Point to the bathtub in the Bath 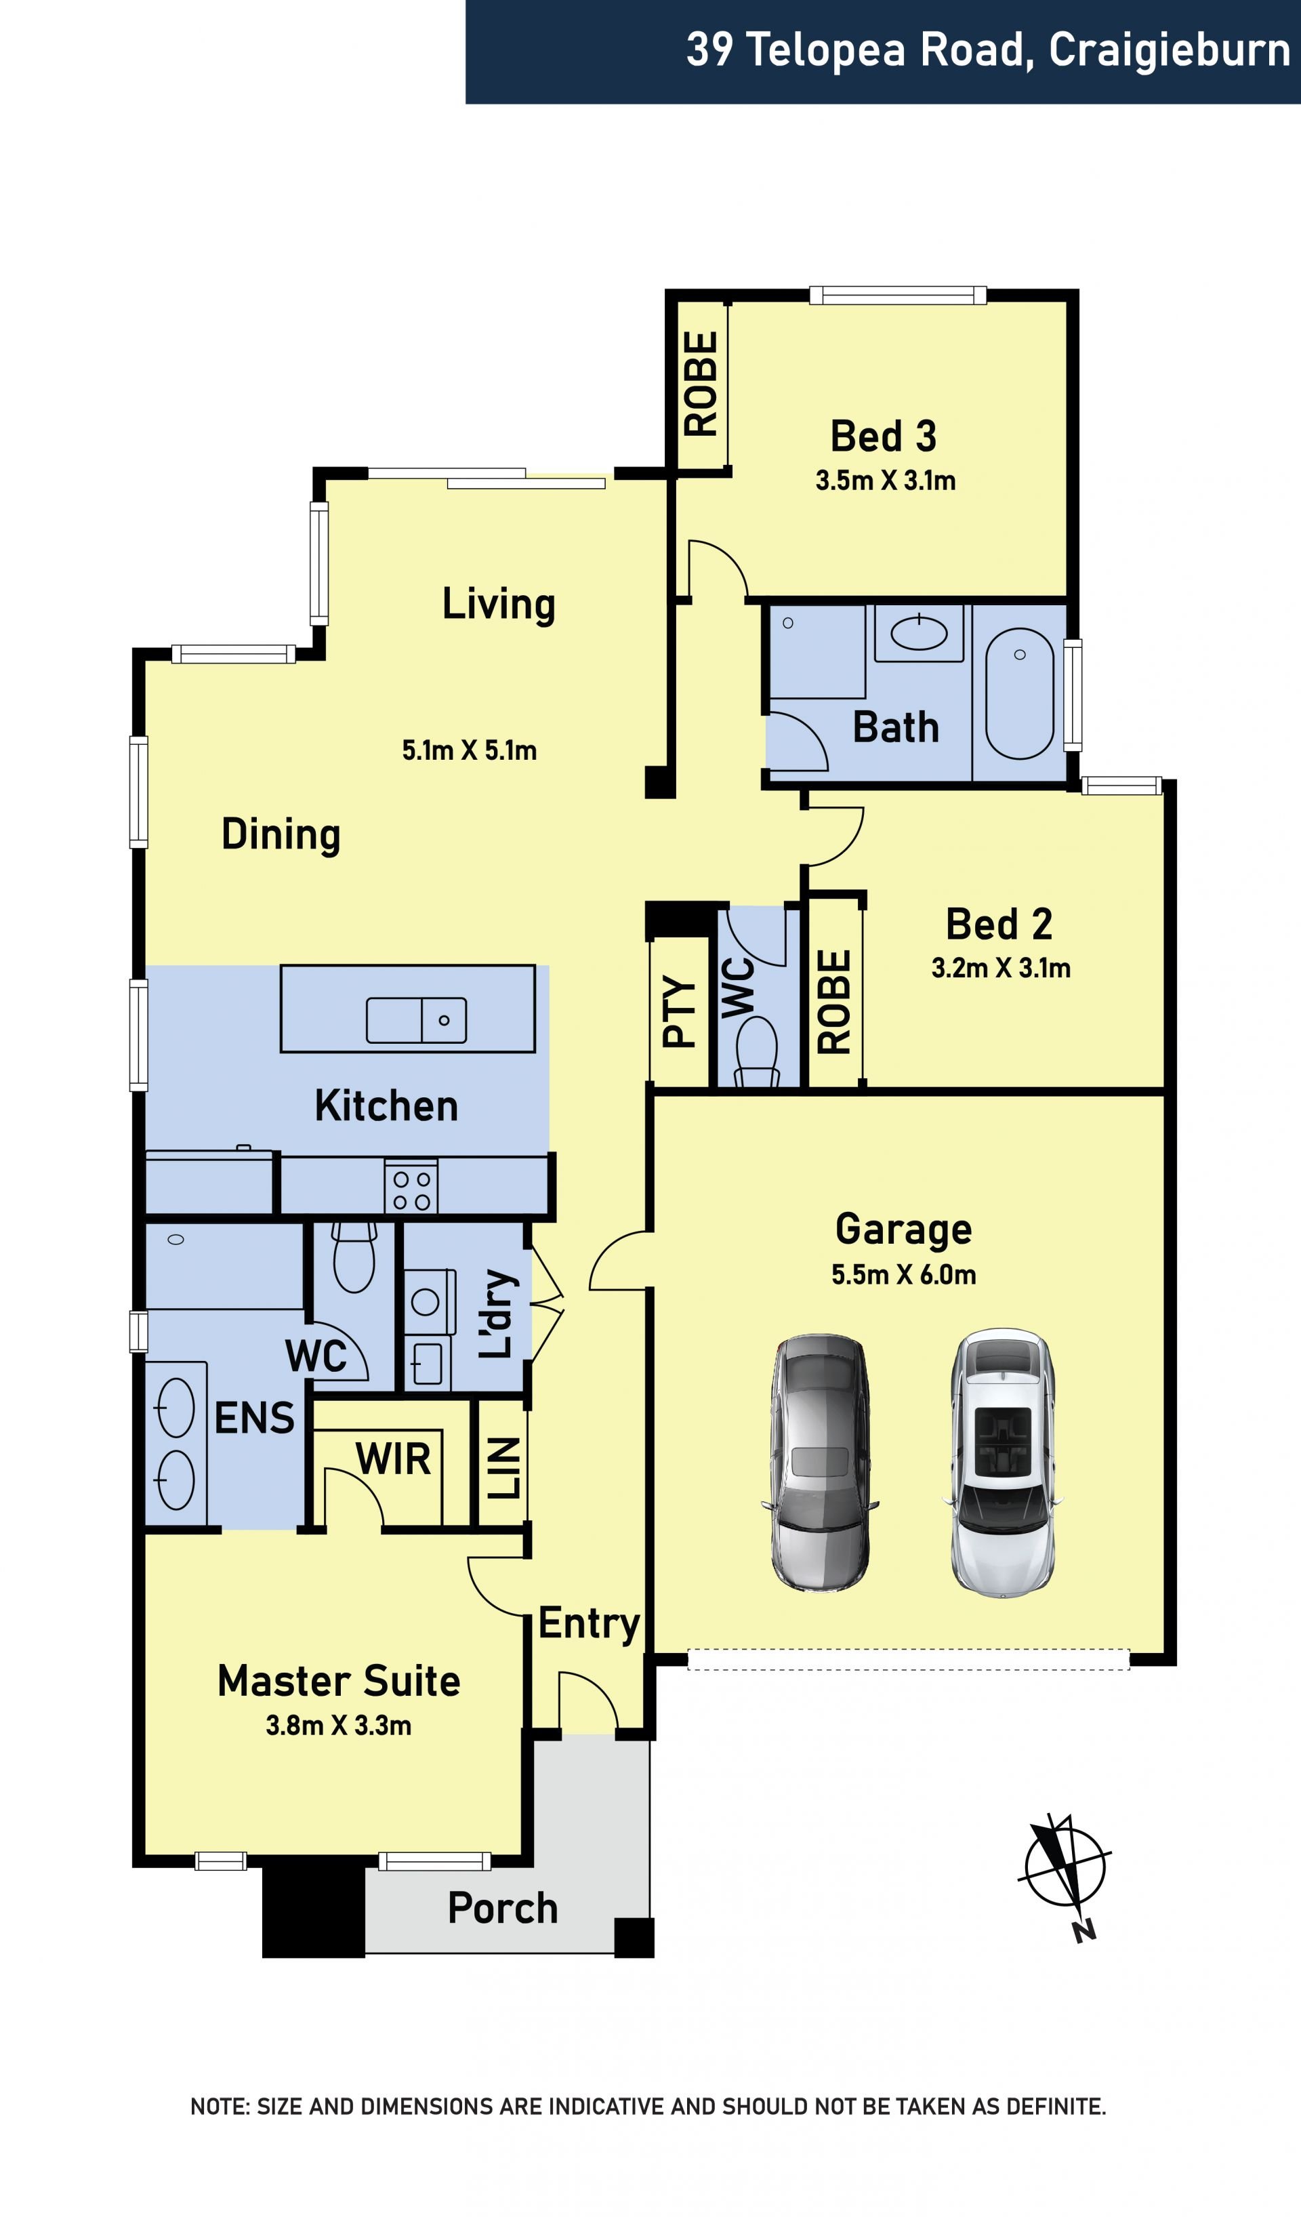tap(1020, 693)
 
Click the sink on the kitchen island tap(416, 1021)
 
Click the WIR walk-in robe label tap(393, 1459)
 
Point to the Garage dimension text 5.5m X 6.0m tap(903, 1275)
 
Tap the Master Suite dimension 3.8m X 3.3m tap(339, 1725)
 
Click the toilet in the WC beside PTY tap(756, 1051)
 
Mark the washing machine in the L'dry tap(430, 1301)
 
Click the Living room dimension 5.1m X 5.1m tap(469, 750)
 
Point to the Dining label tap(281, 834)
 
